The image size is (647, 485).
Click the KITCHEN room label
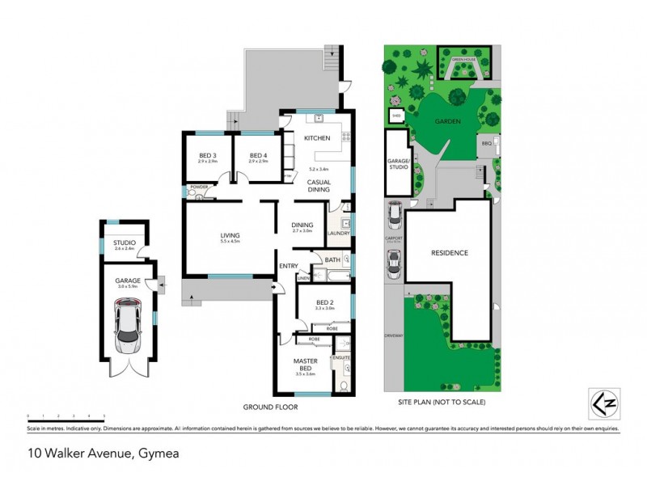[317, 138]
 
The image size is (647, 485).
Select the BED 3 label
[209, 155]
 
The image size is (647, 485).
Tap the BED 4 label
[257, 155]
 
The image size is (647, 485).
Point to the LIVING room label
[230, 235]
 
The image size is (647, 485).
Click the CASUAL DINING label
[317, 186]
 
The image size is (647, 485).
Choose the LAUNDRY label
[338, 234]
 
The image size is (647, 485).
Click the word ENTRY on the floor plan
[289, 266]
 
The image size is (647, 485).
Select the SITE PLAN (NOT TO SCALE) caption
[441, 402]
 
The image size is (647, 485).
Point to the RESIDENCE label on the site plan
[449, 253]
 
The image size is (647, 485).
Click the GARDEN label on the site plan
[446, 121]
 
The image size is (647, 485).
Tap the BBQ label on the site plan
[486, 142]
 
